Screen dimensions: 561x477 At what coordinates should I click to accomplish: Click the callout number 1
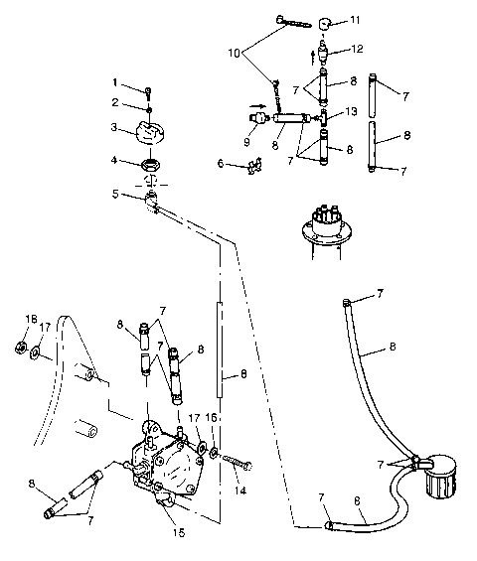(x=115, y=81)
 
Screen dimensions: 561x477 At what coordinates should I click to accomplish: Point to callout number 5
(x=115, y=195)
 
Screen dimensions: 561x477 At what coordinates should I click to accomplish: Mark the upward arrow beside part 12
(x=315, y=55)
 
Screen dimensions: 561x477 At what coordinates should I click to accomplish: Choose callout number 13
(x=350, y=112)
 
